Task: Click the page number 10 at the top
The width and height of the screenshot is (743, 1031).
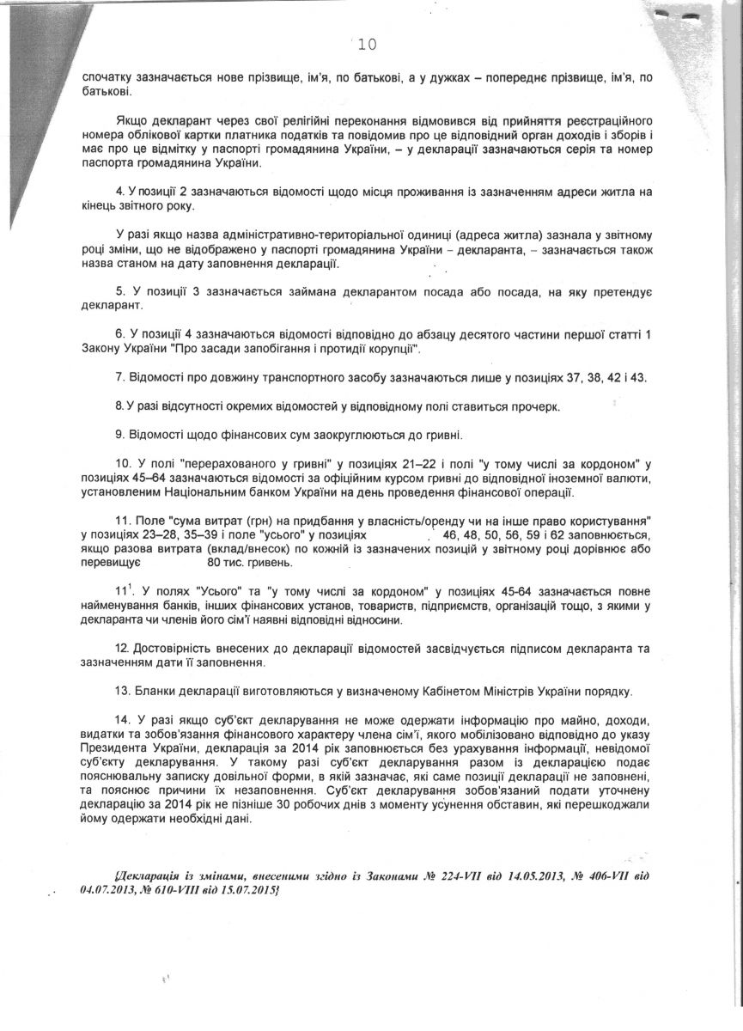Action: point(367,44)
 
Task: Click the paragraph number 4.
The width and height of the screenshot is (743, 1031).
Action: point(119,189)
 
